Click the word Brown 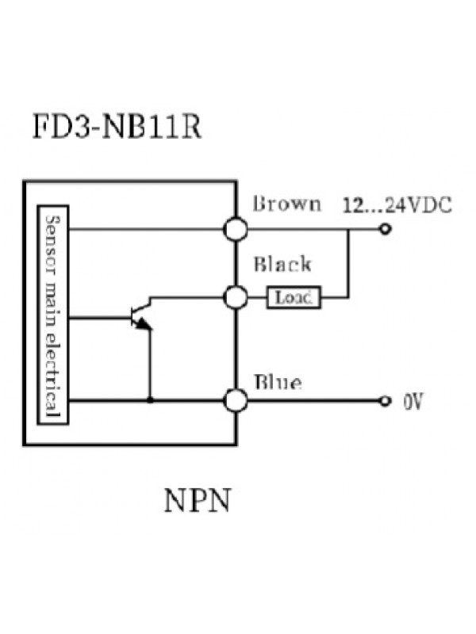(286, 204)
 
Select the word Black (282, 265)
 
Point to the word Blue (277, 384)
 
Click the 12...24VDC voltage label (397, 205)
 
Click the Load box (294, 298)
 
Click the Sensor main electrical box (54, 315)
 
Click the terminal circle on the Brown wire (236, 230)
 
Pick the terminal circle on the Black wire (236, 298)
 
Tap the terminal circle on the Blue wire (236, 401)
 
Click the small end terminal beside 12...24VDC (386, 230)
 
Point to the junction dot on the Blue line (150, 401)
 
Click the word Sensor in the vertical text (54, 237)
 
